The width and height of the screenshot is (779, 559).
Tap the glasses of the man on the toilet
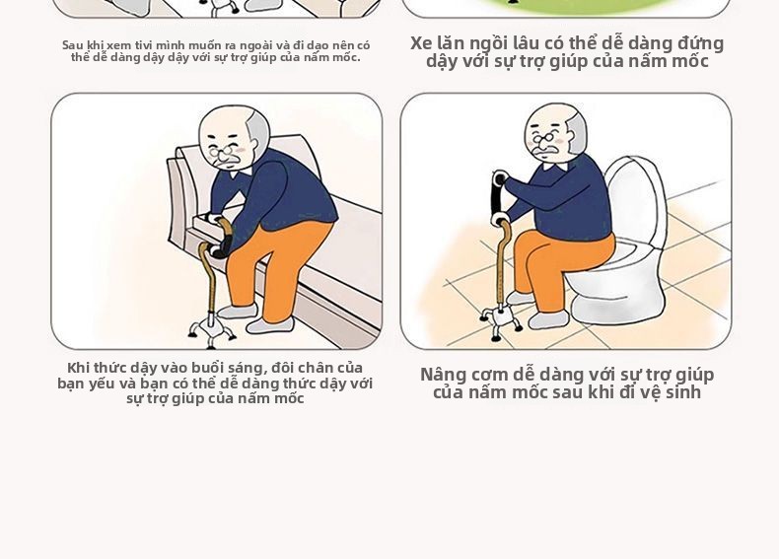pyautogui.click(x=544, y=138)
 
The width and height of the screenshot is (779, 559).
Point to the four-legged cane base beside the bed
pyautogui.click(x=211, y=330)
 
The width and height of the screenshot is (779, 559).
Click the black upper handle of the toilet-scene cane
pyautogui.click(x=498, y=195)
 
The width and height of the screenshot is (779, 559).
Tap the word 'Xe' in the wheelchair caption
pyautogui.click(x=421, y=43)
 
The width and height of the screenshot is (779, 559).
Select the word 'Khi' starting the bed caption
pyautogui.click(x=78, y=368)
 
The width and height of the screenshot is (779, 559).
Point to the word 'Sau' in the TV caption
pyautogui.click(x=71, y=45)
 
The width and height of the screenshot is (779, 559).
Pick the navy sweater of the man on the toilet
pyautogui.click(x=561, y=198)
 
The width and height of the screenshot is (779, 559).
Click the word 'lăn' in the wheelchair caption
pyautogui.click(x=452, y=43)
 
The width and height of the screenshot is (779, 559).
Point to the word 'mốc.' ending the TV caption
pyautogui.click(x=347, y=57)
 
